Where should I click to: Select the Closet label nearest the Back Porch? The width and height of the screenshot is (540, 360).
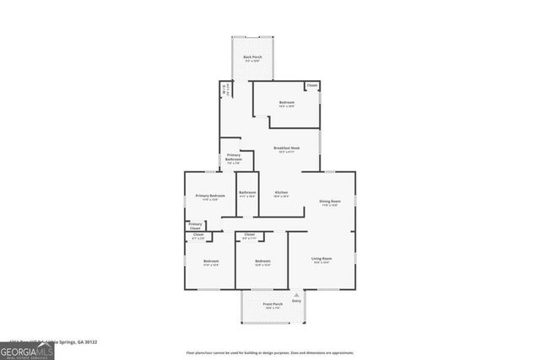[312, 85]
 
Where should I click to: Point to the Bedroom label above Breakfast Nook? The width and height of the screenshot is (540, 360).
[287, 103]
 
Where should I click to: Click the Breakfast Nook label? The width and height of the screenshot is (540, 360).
[286, 148]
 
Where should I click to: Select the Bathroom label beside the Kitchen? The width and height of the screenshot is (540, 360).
[247, 193]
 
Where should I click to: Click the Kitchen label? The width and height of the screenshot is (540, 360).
[281, 193]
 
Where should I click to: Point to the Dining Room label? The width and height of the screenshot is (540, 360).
[330, 201]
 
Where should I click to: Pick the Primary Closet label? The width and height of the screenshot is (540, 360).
[195, 225]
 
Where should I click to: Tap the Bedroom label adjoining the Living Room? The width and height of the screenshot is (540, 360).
[262, 261]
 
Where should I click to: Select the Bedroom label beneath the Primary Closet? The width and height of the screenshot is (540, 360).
[211, 261]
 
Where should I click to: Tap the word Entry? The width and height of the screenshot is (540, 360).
[296, 301]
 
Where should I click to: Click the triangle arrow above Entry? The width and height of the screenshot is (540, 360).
[296, 294]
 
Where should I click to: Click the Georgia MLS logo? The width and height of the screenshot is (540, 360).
[27, 349]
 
